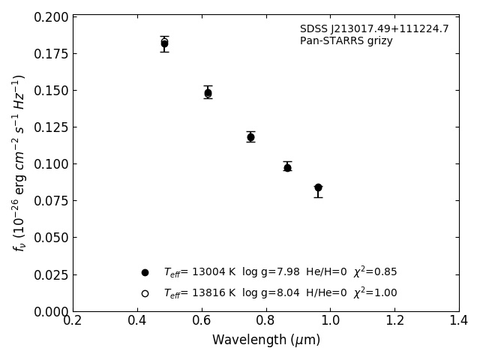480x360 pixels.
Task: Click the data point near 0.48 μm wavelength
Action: coord(164,43)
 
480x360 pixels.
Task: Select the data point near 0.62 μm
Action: coord(208,93)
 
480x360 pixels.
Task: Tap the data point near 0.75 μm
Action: coord(250,137)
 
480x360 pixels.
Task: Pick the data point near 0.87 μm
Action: coord(287,167)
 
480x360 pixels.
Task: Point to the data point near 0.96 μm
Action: coord(318,187)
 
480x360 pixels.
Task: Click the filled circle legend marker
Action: coord(145,272)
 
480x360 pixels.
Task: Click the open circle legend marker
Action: coord(145,293)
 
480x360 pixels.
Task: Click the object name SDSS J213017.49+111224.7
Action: coord(374,29)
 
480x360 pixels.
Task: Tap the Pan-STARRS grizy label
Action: coord(346,41)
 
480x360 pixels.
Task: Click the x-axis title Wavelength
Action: coord(265,340)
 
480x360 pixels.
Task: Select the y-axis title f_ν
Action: coord(19,163)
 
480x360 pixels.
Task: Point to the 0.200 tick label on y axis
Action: coord(51,17)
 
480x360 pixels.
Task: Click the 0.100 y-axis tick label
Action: coord(51,164)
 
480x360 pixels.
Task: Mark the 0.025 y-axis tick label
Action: coord(51,274)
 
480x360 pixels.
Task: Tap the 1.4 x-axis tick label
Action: coord(458,321)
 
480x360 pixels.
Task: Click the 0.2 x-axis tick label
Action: coord(73,321)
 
